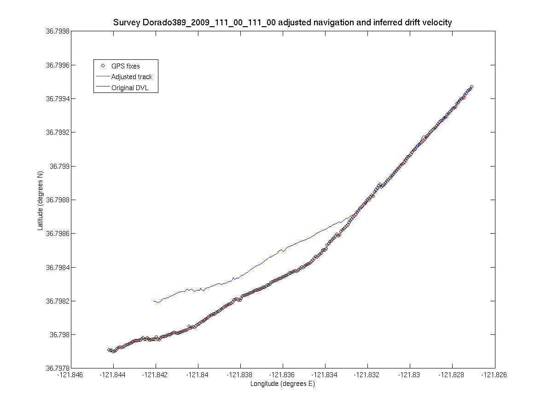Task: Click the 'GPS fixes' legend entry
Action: point(125,66)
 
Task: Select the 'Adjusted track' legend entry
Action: point(132,77)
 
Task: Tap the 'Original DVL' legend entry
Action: point(130,88)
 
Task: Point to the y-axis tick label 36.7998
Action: point(58,31)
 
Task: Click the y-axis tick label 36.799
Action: point(60,166)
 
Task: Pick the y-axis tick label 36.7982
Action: point(58,301)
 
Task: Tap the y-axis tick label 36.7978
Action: point(58,368)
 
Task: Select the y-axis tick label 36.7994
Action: point(58,99)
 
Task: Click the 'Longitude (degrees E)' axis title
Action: point(282,384)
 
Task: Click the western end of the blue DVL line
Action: point(153,301)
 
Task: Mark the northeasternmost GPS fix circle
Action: point(471,87)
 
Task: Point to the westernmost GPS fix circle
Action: point(109,350)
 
